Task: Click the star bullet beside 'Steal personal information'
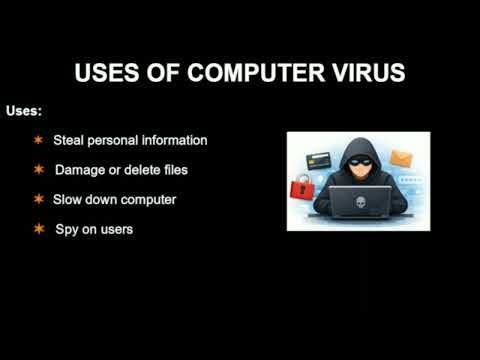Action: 38,141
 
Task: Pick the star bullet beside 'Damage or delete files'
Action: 39,170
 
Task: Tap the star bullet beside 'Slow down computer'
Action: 39,200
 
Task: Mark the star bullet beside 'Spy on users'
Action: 39,229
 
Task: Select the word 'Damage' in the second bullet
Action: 77,170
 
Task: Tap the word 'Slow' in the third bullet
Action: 67,200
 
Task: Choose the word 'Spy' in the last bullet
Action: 65,230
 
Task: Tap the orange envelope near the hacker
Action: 402,158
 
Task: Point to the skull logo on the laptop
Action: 359,199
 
